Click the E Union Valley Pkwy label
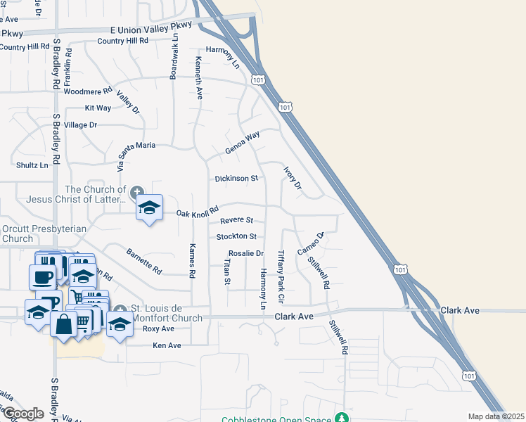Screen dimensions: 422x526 point(151,29)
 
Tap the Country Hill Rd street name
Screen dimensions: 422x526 point(123,41)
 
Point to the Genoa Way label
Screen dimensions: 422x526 point(243,143)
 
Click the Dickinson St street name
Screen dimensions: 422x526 point(237,179)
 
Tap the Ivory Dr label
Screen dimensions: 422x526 point(293,178)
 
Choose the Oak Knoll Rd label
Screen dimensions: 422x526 point(198,212)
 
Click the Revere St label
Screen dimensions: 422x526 point(236,221)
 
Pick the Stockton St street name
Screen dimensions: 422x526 point(236,237)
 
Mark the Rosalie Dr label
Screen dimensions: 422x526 point(246,253)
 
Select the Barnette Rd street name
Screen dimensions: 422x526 point(144,261)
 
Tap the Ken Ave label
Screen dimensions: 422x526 point(167,345)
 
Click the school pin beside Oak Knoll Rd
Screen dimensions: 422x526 point(149,207)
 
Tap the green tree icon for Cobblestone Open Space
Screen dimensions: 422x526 point(342,418)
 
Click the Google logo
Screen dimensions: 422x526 point(23,414)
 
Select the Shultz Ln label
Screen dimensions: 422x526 point(32,165)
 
